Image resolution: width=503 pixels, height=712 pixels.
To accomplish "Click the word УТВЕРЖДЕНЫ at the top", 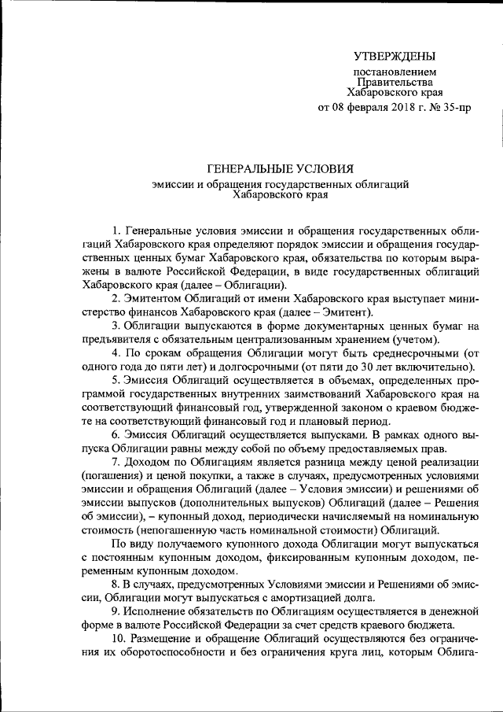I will pos(394,56).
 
